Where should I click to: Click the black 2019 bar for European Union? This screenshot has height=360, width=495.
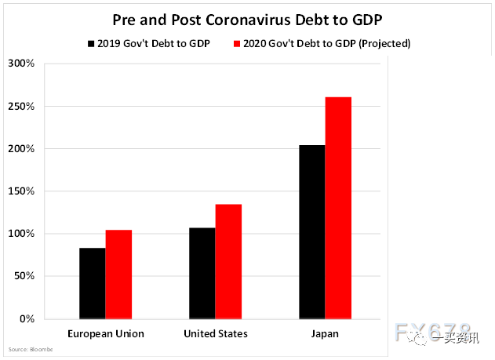[93, 283]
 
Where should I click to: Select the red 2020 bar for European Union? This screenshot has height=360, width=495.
[118, 275]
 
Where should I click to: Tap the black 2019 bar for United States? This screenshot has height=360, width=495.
[202, 273]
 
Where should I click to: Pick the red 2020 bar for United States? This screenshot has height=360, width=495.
[228, 261]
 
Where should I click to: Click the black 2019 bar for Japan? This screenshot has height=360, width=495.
[311, 231]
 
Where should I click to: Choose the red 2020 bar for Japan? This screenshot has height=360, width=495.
[338, 208]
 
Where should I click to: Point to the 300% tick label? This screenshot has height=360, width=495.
[20, 64]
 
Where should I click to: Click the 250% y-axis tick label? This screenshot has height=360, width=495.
[20, 106]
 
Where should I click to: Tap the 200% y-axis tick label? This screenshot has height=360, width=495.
[20, 148]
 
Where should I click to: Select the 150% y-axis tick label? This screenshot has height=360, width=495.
[20, 191]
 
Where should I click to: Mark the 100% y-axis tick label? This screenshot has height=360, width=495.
[20, 234]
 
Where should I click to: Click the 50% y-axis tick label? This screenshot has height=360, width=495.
[23, 276]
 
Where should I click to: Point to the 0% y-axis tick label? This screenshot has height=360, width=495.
[26, 319]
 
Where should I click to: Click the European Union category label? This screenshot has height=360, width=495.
[106, 334]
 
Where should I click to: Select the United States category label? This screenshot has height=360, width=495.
[215, 334]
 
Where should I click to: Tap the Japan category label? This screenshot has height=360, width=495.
[324, 334]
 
